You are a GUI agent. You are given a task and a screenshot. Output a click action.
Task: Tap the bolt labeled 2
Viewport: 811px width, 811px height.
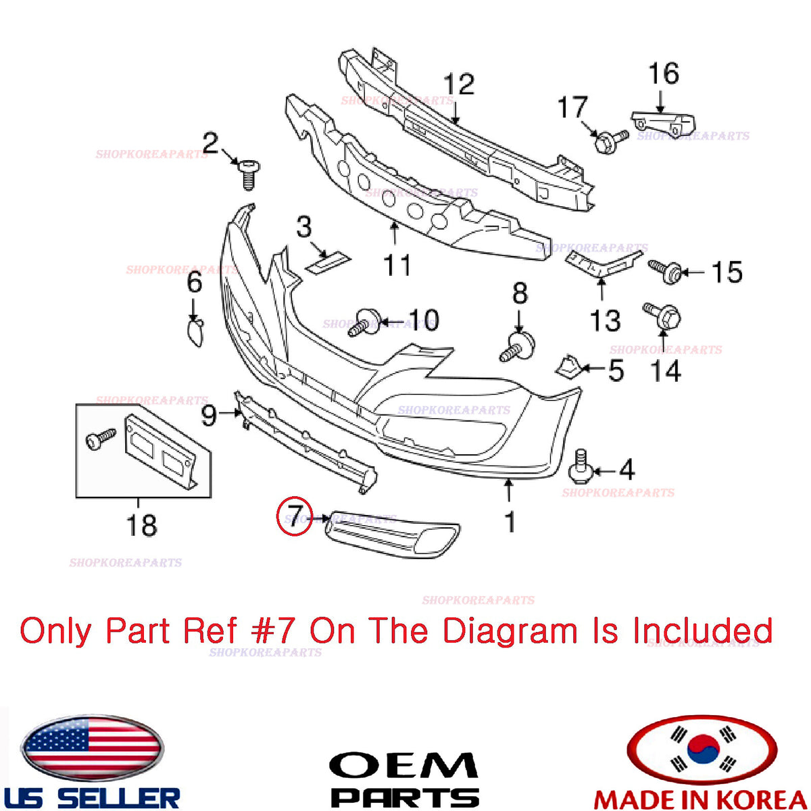pos(249,174)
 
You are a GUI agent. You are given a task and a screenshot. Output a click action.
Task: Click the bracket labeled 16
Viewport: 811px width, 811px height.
pos(663,122)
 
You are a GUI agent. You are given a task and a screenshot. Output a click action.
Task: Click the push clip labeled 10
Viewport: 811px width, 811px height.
pos(364,322)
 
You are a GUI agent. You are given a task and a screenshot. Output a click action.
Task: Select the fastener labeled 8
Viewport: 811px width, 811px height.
pos(517,347)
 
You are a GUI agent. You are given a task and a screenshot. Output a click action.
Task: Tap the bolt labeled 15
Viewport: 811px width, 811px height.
pos(664,272)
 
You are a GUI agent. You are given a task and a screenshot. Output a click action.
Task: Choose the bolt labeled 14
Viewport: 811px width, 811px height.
pos(662,315)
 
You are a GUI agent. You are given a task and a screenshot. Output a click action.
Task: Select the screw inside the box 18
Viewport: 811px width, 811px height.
pos(100,438)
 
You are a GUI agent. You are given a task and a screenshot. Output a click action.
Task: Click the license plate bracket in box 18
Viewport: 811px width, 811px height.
pos(161,452)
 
